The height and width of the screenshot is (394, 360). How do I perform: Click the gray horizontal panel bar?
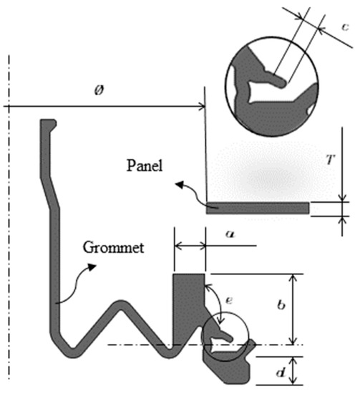click(258, 208)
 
